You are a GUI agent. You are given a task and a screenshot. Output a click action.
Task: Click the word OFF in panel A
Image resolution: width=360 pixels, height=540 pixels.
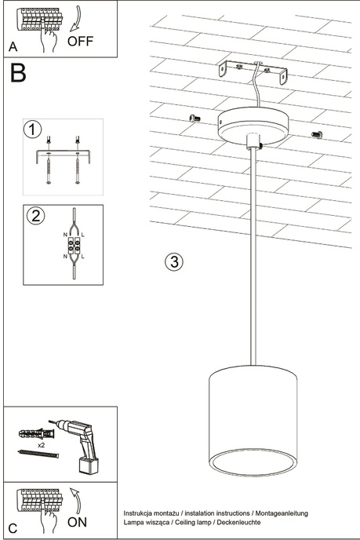(82, 41)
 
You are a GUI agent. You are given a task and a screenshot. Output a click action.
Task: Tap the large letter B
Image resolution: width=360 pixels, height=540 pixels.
(18, 75)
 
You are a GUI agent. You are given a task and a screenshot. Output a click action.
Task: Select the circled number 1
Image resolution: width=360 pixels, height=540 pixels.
(31, 129)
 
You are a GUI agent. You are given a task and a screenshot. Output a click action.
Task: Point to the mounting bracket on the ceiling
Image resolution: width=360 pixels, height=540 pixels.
(252, 72)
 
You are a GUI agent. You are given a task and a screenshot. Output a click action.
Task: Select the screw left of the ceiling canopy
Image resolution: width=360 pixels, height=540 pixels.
(195, 118)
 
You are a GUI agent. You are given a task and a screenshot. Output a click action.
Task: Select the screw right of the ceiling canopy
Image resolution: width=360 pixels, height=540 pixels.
(318, 134)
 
